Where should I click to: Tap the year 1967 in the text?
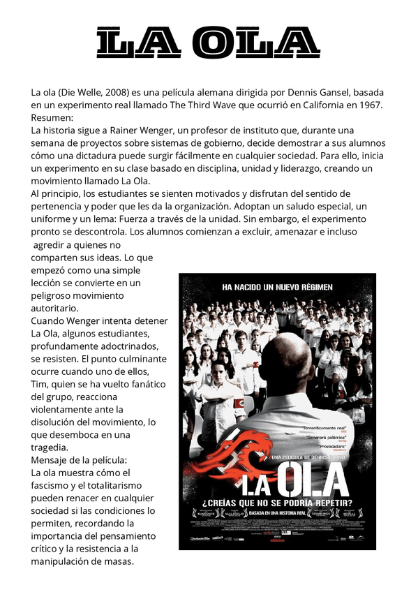coord(368,105)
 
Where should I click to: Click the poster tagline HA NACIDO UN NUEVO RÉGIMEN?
coord(277,287)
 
